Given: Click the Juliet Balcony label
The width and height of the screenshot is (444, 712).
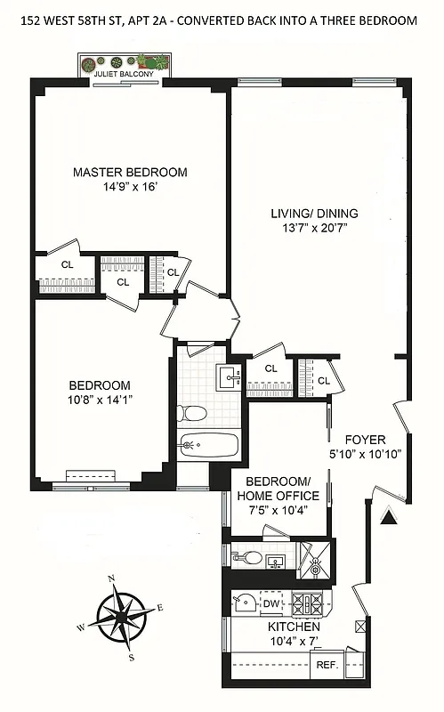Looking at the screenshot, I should click(x=124, y=75).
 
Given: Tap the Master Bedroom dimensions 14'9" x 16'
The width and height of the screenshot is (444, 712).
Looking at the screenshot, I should click(x=130, y=189).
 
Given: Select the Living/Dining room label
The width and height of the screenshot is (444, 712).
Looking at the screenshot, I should click(x=314, y=214).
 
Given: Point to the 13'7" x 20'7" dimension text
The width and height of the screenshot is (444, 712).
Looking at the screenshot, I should click(x=314, y=229).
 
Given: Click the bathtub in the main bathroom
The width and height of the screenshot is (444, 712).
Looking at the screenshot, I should click(x=206, y=444).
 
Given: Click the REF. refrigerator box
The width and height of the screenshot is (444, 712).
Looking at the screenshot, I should click(x=322, y=664).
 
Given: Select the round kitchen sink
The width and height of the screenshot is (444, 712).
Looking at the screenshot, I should click(x=242, y=603).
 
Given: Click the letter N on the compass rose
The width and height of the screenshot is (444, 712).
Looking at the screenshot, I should click(x=111, y=578).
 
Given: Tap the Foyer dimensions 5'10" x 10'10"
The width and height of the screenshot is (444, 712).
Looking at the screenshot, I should click(x=366, y=453).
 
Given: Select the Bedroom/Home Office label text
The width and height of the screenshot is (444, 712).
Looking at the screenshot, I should click(x=276, y=488).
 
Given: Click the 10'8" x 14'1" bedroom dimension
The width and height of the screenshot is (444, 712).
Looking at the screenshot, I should click(x=101, y=400).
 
